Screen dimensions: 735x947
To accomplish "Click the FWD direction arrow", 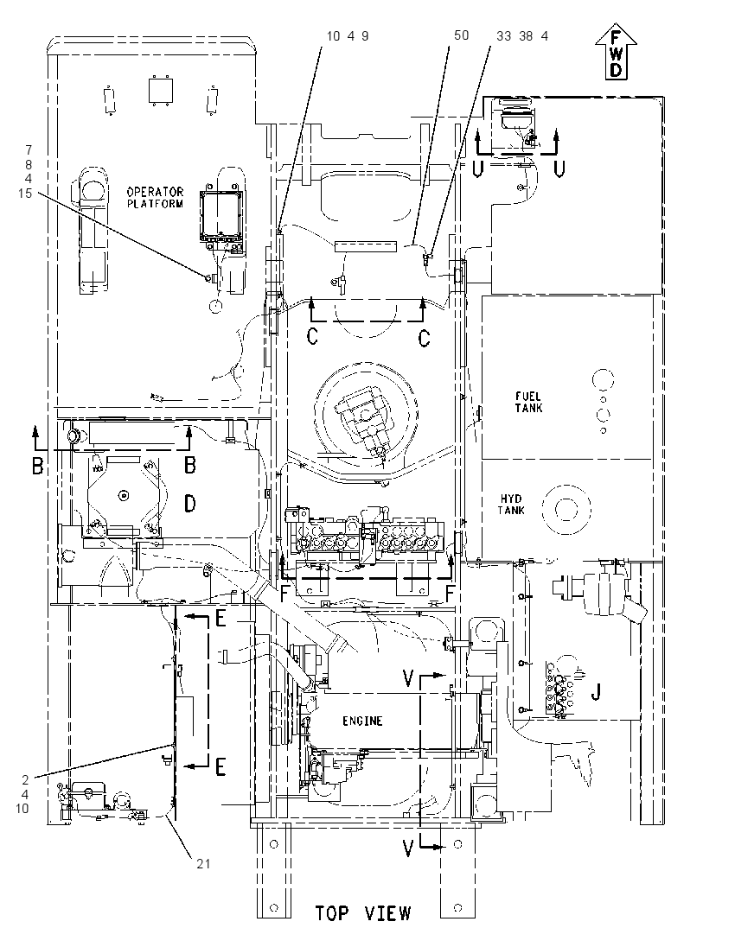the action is click(x=616, y=54).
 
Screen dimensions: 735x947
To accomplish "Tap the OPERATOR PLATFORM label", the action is click(x=155, y=198).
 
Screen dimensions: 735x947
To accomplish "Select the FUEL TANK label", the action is click(x=529, y=403).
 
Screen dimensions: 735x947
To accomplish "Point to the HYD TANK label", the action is click(x=511, y=505).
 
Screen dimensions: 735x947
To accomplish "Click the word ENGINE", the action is click(x=362, y=721).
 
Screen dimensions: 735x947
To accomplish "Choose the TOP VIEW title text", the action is click(x=362, y=912).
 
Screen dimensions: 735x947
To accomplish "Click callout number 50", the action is click(x=461, y=35).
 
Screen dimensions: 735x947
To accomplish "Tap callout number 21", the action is click(x=204, y=864).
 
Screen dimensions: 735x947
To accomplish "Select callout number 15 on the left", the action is click(x=25, y=194).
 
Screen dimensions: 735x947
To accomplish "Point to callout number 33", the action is click(x=504, y=36).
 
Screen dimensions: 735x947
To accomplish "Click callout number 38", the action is click(x=526, y=36).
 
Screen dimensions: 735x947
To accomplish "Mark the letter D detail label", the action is click(x=189, y=503).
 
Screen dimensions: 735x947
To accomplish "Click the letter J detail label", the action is click(x=596, y=691).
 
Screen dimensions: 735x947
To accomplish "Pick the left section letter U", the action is click(x=477, y=169).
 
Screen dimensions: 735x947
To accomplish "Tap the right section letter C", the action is click(x=425, y=338).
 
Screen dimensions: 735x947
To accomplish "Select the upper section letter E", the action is click(x=220, y=619).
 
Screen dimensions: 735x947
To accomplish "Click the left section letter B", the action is click(x=37, y=466).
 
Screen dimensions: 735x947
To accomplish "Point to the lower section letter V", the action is click(x=409, y=849).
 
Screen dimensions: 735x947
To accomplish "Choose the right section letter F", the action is click(x=450, y=594).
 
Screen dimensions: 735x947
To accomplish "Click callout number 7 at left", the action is click(x=29, y=149).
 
